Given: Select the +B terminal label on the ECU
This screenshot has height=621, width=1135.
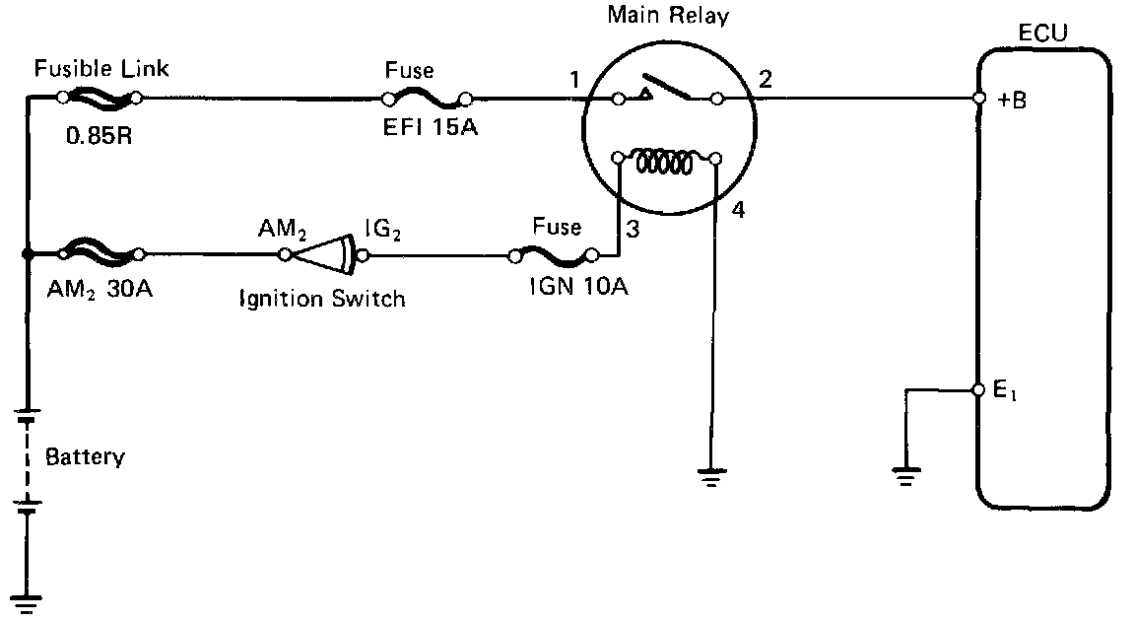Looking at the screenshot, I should click(x=1011, y=100).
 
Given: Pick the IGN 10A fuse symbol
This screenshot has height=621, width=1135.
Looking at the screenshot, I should click(x=553, y=258).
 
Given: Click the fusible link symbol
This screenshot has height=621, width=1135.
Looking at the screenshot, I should click(x=99, y=98).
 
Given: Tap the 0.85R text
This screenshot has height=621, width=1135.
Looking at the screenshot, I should click(x=99, y=135).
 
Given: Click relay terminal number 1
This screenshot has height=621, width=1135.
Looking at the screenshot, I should click(x=573, y=80).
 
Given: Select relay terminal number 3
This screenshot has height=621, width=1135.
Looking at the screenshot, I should click(x=633, y=232).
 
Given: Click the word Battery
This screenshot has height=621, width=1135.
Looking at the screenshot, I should click(x=86, y=457).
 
